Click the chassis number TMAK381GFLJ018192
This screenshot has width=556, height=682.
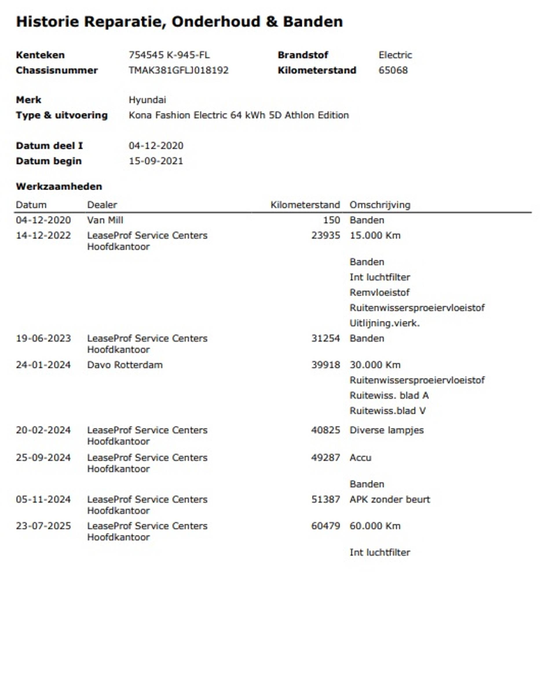pos(178,70)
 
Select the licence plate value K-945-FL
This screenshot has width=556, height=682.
pos(188,55)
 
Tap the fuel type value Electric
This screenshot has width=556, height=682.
pos(395,55)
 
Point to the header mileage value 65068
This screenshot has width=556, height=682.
pos(393,70)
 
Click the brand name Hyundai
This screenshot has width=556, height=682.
pos(147,100)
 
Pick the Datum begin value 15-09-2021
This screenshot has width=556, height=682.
pos(156,161)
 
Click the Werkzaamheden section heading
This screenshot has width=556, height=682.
pos(59,187)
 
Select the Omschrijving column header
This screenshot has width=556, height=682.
pos(380,205)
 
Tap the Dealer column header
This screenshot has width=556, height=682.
pos(102,205)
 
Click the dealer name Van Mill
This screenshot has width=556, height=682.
pos(105,220)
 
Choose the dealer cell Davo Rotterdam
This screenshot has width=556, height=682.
pos(125,365)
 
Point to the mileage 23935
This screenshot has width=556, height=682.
pos(325,236)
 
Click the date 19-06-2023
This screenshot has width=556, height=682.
pos(43,338)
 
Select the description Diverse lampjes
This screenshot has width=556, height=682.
pos(386,430)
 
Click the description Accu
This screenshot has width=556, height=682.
pos(360,458)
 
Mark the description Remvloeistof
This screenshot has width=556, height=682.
pos(380,293)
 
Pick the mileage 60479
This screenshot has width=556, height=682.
pos(325,526)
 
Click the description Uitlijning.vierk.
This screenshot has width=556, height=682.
pos(384,323)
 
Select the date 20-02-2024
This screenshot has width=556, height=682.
pos(43,430)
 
